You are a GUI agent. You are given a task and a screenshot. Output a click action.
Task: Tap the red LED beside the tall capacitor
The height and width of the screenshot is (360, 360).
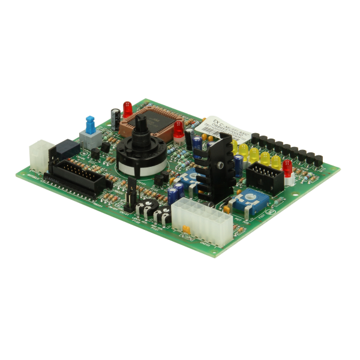[127, 109]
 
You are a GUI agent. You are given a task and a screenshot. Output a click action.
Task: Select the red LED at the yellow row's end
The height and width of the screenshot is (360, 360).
[287, 167]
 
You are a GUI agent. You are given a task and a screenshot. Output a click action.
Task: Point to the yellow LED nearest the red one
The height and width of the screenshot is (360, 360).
[275, 161]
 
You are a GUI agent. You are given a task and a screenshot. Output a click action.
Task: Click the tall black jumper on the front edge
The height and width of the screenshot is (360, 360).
[130, 194]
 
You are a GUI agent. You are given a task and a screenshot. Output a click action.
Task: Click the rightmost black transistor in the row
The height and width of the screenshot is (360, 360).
[318, 160]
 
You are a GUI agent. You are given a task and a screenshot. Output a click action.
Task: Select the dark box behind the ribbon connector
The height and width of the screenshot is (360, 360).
[67, 148]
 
